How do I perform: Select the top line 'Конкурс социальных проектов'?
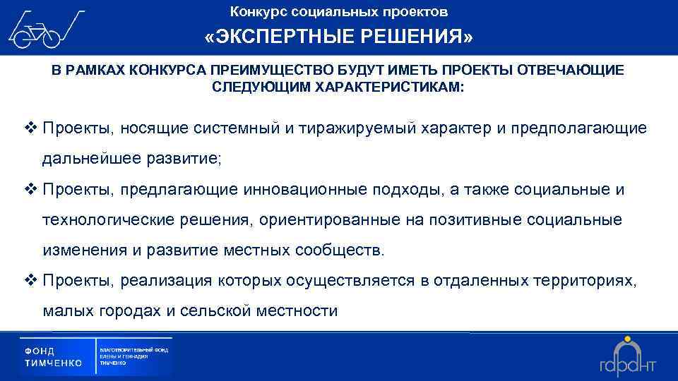(339, 12)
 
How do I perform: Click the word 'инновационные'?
(298, 190)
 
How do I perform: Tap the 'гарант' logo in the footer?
(628, 356)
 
